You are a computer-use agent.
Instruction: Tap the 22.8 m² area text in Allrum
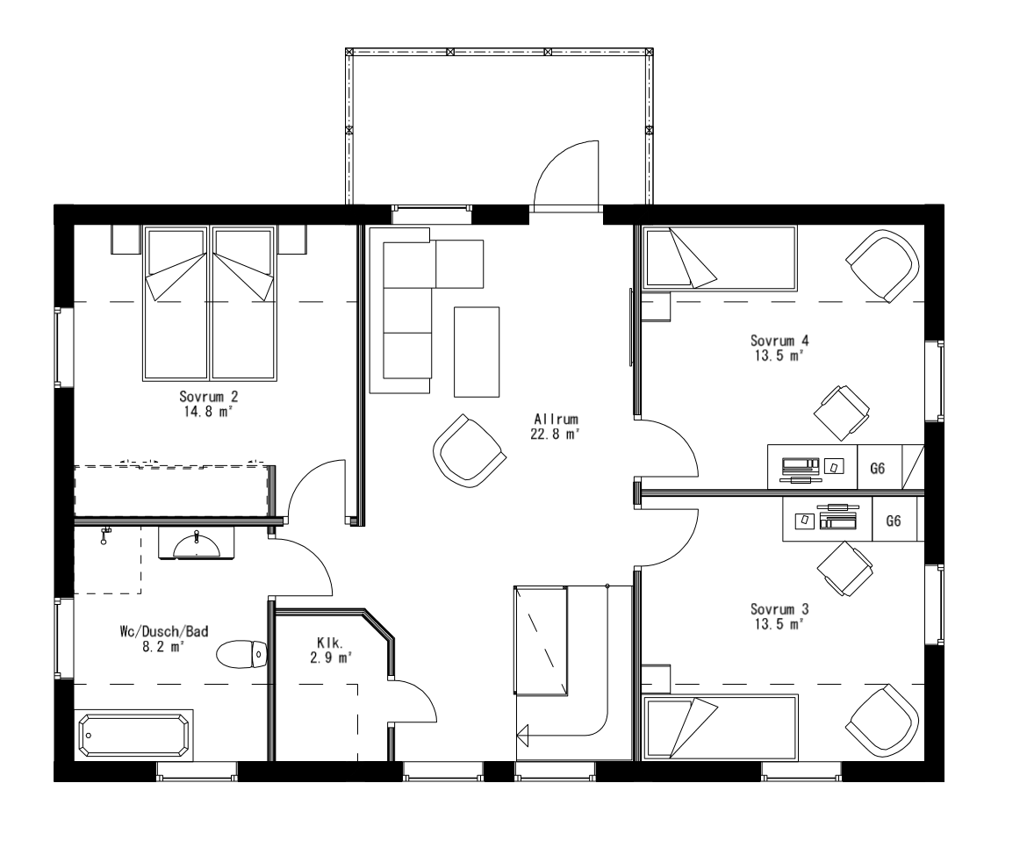pos(556,434)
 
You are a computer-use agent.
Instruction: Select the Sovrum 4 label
pos(778,341)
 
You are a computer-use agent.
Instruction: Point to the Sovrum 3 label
pos(778,609)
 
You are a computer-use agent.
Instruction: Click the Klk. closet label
pos(330,642)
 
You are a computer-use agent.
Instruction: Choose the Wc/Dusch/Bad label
pos(164,631)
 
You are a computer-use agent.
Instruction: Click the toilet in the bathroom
pos(241,653)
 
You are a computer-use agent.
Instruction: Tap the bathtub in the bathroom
pos(134,735)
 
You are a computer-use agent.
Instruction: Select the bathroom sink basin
pos(197,545)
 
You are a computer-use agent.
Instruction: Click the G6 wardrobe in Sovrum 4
pos(878,468)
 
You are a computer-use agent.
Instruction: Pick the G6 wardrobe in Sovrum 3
pos(894,521)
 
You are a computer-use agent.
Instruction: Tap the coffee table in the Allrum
pos(476,351)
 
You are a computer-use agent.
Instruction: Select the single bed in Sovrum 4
pos(720,258)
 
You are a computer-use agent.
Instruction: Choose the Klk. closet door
pos(413,700)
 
